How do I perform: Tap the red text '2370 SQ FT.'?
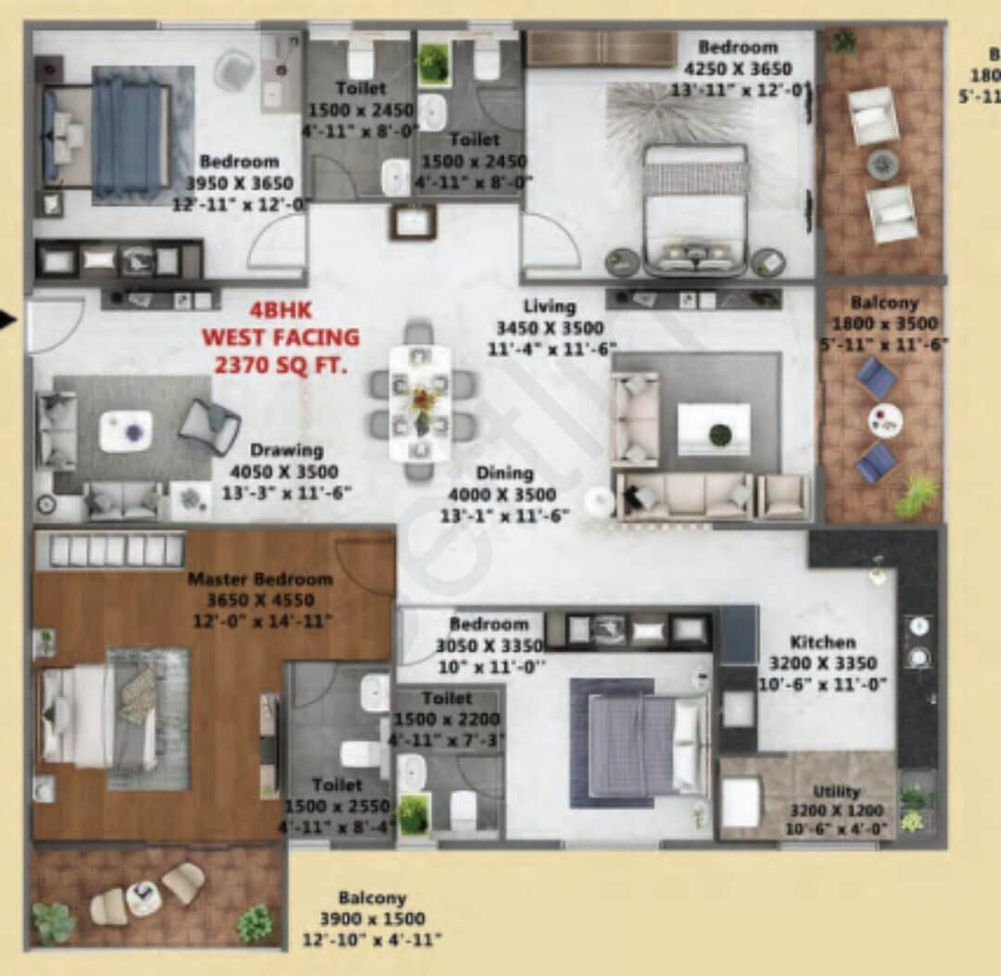coord(281,366)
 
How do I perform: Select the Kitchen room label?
coord(822,641)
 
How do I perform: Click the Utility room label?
coord(836,792)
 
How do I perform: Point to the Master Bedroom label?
coord(260,579)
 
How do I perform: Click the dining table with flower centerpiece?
coord(420,402)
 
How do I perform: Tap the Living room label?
coord(549,307)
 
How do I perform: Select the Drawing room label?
coord(286,450)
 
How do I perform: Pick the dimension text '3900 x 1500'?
coord(372,919)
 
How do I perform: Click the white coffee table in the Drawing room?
coord(126,431)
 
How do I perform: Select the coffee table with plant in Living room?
coord(714,429)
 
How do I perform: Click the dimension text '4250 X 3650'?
coord(738,69)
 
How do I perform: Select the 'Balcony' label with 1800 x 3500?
coord(884,303)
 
